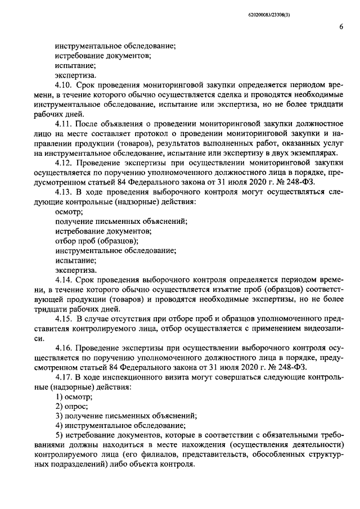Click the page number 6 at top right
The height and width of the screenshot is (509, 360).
click(x=341, y=26)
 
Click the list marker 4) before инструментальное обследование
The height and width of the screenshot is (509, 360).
click(x=58, y=426)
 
